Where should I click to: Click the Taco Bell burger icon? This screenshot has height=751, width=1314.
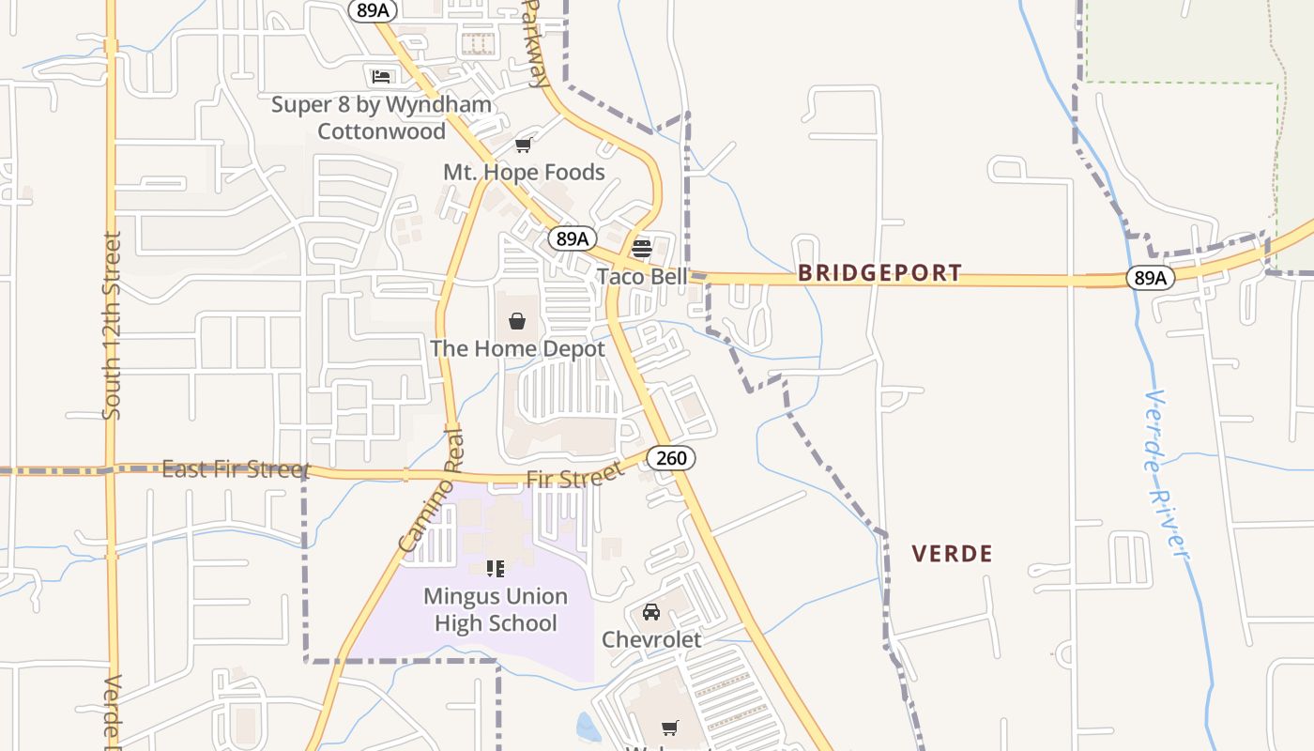coord(642,249)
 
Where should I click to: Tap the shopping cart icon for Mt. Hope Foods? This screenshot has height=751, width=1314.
coord(524,145)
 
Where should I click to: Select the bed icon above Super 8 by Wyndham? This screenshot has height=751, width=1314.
coord(380,76)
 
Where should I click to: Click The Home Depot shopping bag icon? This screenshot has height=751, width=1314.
coord(517,321)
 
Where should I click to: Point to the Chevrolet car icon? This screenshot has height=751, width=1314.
coord(650,612)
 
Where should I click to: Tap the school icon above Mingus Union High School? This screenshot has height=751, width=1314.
coord(496,568)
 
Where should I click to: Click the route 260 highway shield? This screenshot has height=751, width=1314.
coord(671,458)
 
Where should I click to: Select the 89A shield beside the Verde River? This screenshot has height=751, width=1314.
coord(1150,277)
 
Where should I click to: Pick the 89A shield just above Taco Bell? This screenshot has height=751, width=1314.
coord(573,238)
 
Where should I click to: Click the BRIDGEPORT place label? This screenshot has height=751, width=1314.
coord(879,273)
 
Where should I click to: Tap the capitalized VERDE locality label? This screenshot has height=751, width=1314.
coord(952,554)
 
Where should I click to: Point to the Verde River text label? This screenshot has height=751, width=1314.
coord(1167,474)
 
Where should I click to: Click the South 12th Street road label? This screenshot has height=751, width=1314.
coord(112,325)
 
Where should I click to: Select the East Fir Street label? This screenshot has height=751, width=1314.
coord(236,468)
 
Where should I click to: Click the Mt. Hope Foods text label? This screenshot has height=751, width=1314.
coord(524,173)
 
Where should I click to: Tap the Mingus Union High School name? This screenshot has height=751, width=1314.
coord(496,610)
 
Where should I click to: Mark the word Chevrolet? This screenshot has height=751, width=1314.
coord(651,639)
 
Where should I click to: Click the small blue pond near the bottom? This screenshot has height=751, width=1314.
coord(588,728)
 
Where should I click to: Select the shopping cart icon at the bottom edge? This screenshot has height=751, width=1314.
coord(669,728)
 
